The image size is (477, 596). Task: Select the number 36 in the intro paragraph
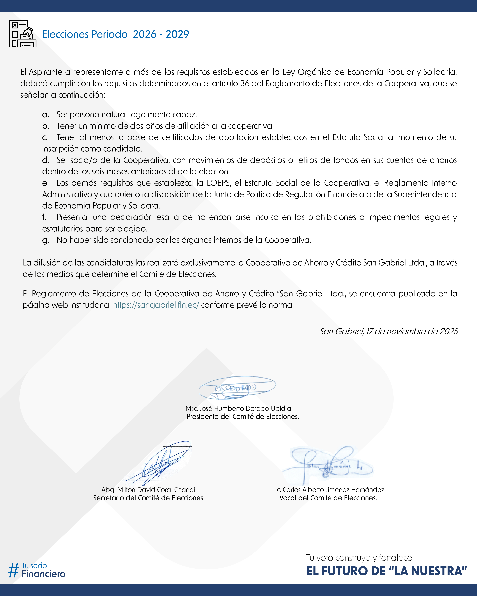pos(245,83)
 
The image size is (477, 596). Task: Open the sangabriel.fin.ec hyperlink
pos(156,305)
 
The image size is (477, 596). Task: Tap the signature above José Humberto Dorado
pos(237,388)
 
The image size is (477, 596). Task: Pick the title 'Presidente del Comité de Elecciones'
pos(242,417)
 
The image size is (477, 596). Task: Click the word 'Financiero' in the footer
pos(43,574)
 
